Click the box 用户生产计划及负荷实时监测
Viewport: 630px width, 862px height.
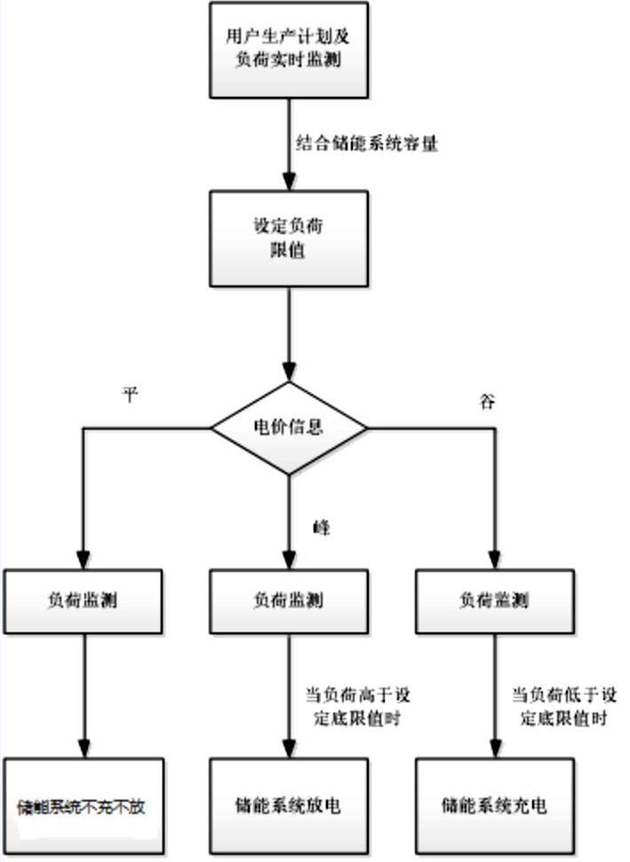tap(289, 50)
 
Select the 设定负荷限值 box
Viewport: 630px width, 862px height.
tap(289, 238)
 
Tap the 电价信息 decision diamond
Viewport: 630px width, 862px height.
tap(289, 428)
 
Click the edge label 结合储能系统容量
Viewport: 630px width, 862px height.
tap(367, 143)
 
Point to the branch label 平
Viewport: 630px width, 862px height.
tap(130, 393)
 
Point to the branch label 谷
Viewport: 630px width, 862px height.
tap(487, 401)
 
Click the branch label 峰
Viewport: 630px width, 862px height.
tap(322, 528)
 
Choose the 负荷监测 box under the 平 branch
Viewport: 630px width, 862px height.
tap(83, 601)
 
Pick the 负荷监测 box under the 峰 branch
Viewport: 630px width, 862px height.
tap(289, 601)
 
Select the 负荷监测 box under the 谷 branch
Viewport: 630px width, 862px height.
tap(495, 601)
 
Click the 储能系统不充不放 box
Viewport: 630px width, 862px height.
tap(84, 807)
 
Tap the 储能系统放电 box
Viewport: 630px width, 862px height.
tap(289, 807)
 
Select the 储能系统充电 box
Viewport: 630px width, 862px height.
tap(495, 807)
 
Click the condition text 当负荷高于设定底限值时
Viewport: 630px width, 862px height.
tap(357, 706)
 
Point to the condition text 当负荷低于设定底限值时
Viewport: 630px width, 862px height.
tap(564, 706)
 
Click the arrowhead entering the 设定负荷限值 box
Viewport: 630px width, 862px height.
tap(289, 182)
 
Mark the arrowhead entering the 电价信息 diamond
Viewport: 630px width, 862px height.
tap(289, 372)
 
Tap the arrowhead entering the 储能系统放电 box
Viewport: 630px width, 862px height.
tap(289, 749)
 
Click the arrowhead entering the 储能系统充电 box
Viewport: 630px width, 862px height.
tap(495, 749)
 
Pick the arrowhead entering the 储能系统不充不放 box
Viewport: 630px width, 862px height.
tap(84, 749)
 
